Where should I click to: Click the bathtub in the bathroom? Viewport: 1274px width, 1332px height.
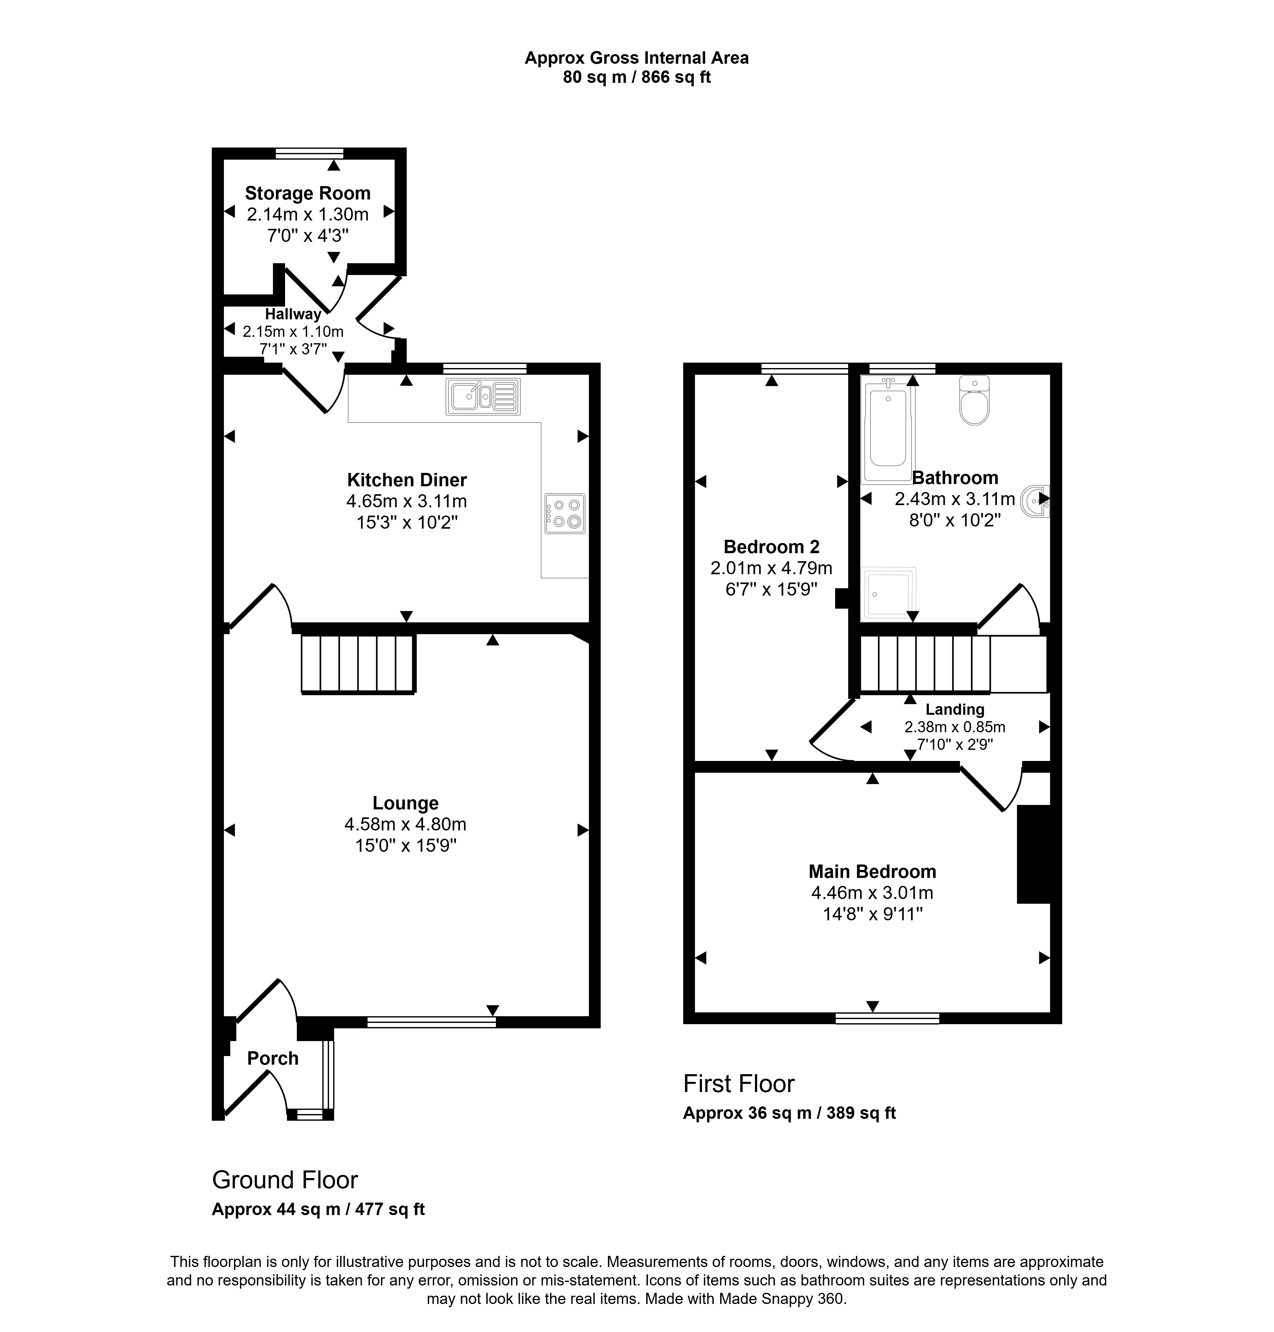[888, 430]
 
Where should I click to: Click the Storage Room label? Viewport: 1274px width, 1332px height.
[308, 194]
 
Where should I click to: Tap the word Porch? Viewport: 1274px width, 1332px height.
[272, 1058]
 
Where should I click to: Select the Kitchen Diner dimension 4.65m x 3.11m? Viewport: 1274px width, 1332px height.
[407, 502]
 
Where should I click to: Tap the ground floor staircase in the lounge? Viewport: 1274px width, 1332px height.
[358, 664]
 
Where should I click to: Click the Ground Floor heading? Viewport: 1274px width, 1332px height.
[284, 1180]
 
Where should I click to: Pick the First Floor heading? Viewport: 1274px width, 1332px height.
[739, 1084]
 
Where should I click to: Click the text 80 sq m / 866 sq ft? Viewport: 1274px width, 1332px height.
[636, 77]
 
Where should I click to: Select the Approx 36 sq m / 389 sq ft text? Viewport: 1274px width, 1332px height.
[789, 1113]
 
